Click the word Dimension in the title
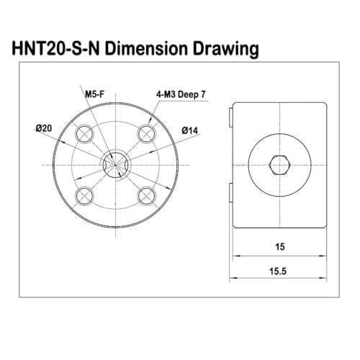(146, 49)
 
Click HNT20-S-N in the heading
(55, 49)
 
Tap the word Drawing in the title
(226, 50)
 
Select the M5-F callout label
(95, 94)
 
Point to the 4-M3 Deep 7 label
(181, 94)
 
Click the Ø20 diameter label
(44, 128)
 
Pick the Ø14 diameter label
(190, 130)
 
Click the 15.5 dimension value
(278, 271)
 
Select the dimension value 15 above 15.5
(280, 247)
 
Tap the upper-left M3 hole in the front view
(84, 133)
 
